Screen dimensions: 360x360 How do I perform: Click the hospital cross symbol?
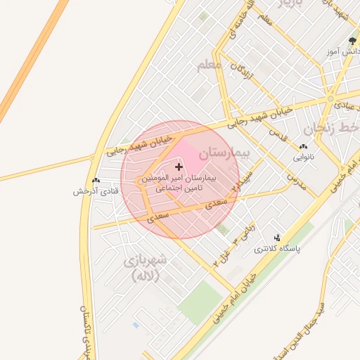click(x=179, y=167)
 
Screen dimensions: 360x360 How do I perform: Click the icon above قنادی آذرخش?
click(x=96, y=180)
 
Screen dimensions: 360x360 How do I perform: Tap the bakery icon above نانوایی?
click(x=303, y=146)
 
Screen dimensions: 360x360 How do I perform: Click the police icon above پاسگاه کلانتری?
click(x=278, y=238)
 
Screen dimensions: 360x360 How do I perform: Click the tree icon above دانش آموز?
click(x=352, y=41)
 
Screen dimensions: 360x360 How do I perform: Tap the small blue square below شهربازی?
click(x=135, y=325)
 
